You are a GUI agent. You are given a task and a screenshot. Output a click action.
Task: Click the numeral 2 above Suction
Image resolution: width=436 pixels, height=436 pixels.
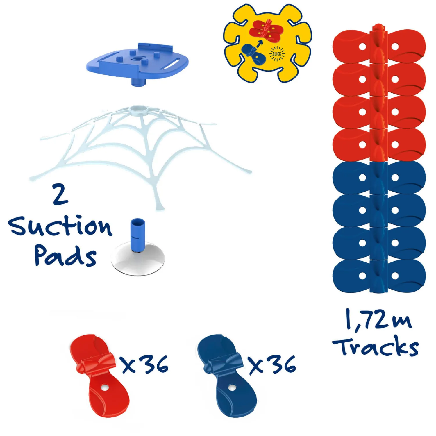[x=60, y=194]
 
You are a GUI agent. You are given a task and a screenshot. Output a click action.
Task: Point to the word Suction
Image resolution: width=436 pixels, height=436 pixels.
[x=60, y=226]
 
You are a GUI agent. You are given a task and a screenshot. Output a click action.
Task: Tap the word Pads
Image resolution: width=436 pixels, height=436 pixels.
[x=65, y=256]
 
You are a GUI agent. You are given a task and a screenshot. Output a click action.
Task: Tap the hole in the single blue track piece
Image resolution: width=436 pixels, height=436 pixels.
[x=231, y=387]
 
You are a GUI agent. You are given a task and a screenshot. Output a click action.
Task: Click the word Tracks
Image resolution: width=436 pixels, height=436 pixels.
[x=376, y=346]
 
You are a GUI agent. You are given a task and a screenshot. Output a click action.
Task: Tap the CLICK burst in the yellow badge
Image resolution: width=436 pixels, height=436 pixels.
[x=277, y=54]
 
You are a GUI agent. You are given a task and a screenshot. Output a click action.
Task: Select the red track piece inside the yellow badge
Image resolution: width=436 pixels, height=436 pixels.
[x=266, y=31]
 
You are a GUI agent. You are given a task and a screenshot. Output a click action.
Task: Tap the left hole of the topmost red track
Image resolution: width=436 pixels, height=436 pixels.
[x=362, y=47]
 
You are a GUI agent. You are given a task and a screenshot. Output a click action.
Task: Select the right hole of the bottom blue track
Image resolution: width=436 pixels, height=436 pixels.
[x=395, y=276]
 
